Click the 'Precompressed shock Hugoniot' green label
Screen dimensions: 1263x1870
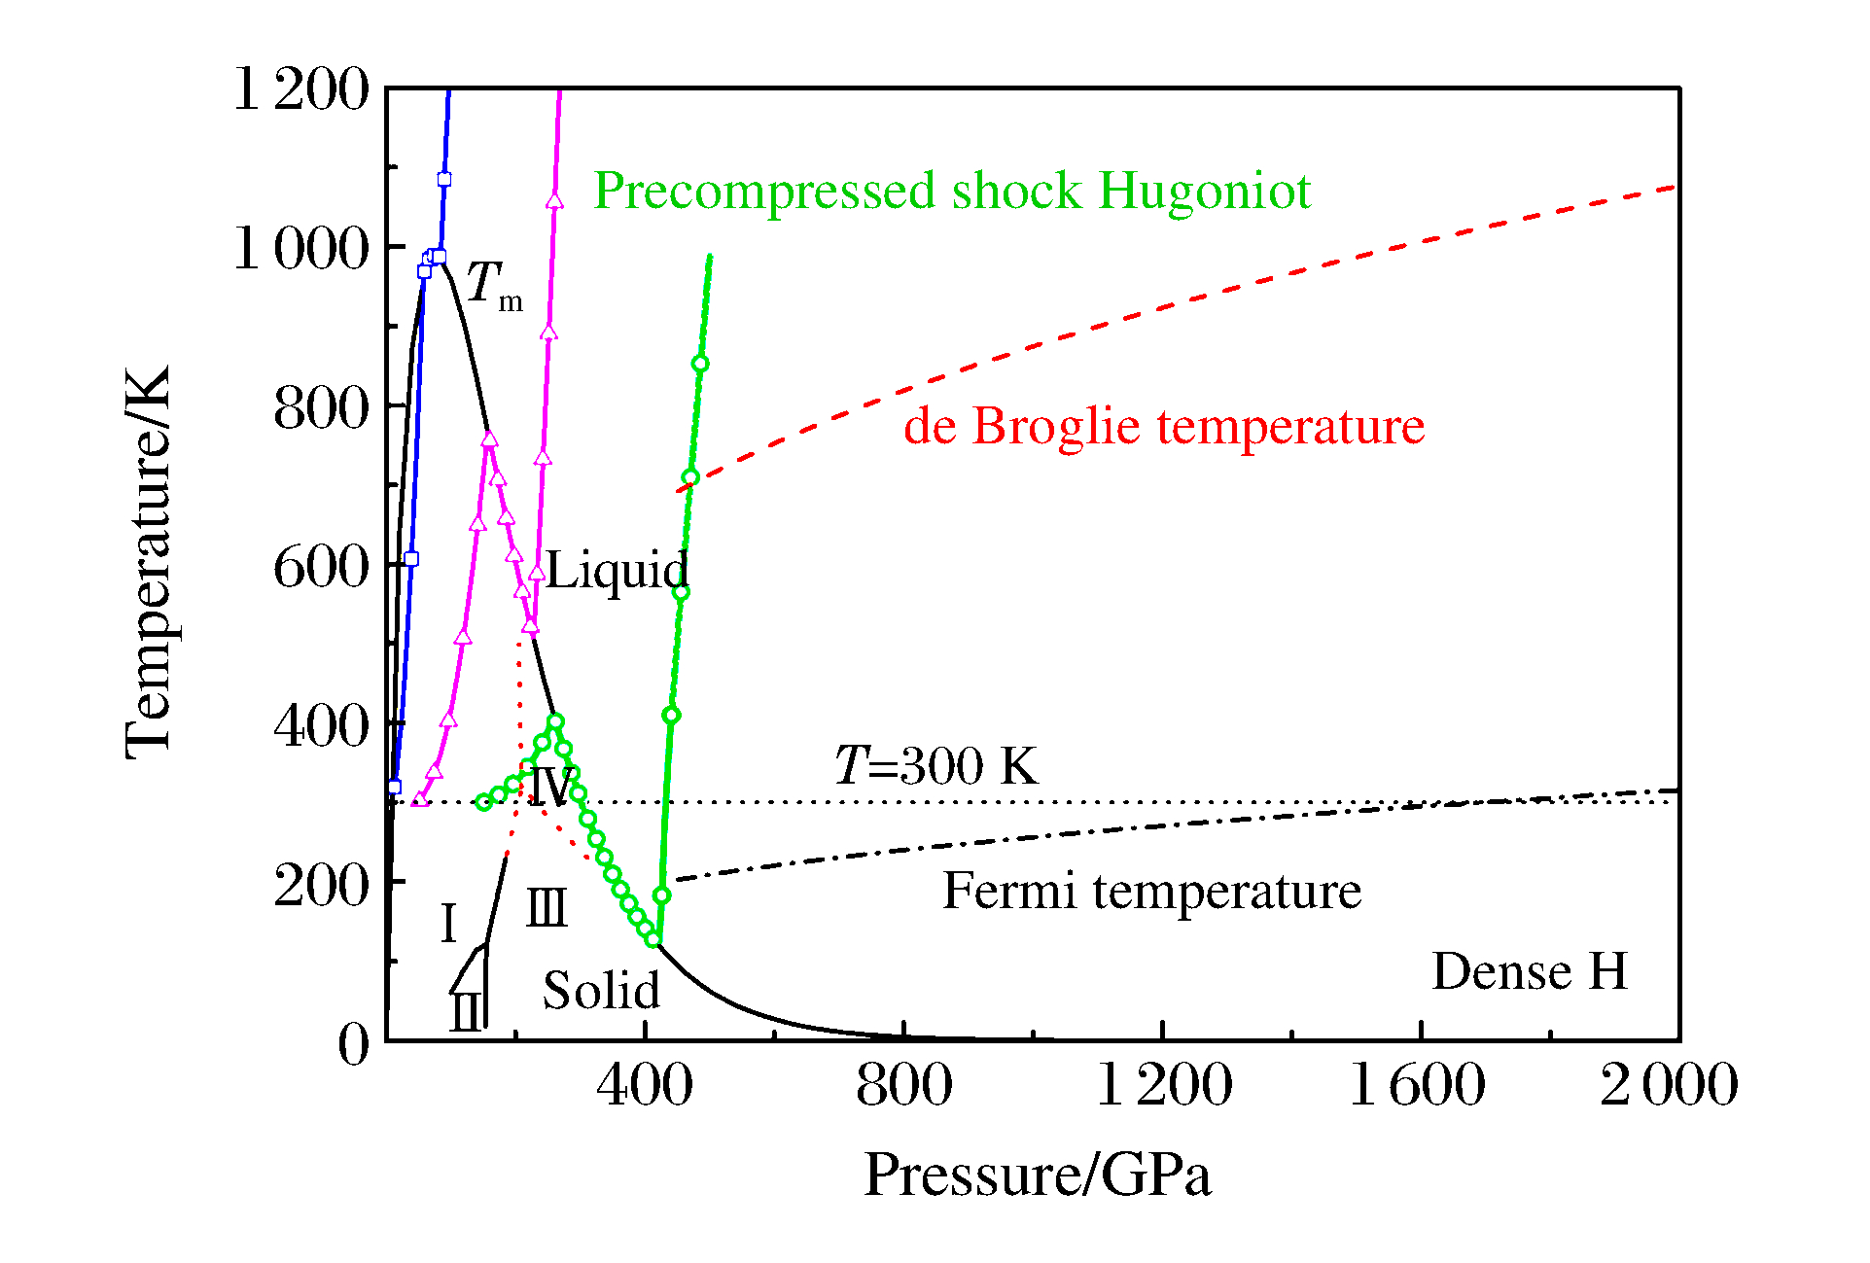952,192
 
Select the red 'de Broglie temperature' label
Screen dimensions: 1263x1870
1164,427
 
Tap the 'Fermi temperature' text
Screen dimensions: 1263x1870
1151,892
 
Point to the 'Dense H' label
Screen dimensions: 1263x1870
1530,971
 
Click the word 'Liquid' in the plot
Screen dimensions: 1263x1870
617,571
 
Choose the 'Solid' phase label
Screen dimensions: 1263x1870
601,991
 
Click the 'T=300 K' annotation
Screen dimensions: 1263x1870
936,766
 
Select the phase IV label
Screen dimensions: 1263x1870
550,786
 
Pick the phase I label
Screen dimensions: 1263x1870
448,923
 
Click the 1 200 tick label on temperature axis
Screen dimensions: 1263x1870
302,90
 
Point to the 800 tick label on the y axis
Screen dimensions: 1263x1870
322,408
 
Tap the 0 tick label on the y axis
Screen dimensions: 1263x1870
354,1046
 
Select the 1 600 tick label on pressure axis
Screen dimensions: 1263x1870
1418,1085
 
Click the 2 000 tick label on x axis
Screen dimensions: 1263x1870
1669,1085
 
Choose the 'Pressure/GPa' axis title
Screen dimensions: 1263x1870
1038,1175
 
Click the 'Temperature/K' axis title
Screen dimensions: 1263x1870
149,562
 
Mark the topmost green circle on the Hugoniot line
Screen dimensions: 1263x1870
700,364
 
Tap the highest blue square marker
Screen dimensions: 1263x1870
444,180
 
